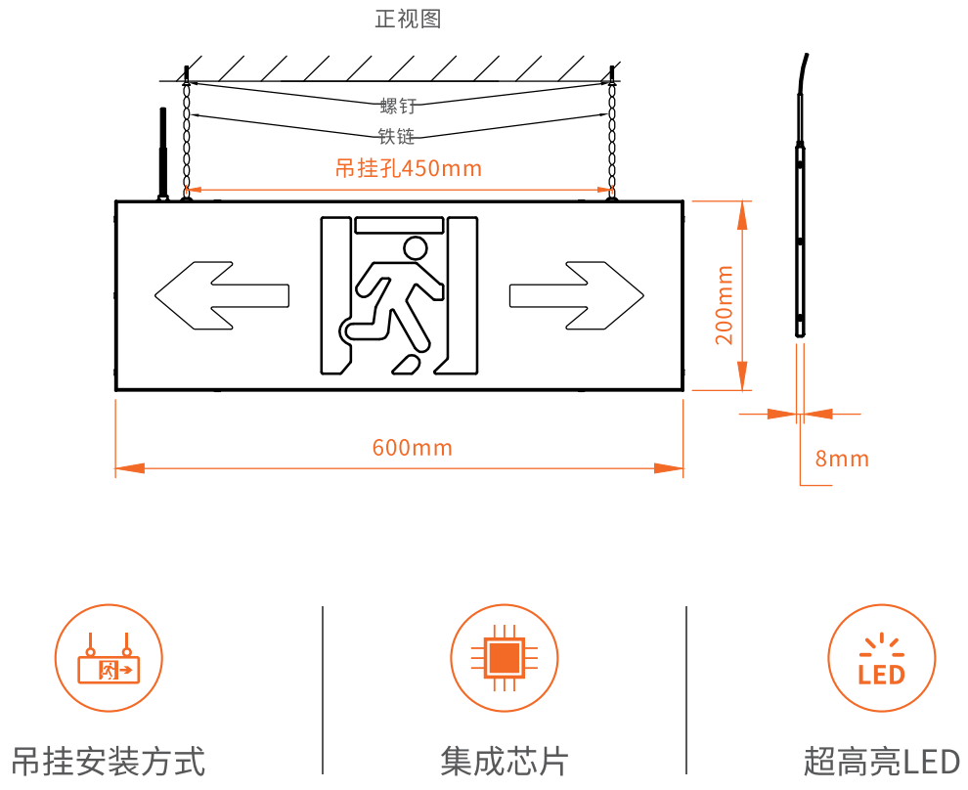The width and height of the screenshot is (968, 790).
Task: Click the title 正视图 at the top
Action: pyautogui.click(x=409, y=19)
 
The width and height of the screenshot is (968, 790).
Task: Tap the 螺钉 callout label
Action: pyautogui.click(x=398, y=106)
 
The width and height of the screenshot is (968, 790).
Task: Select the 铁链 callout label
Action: pyautogui.click(x=397, y=137)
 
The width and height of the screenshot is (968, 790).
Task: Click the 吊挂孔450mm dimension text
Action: pyautogui.click(x=409, y=168)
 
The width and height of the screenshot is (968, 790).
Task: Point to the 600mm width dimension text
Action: pyautogui.click(x=413, y=448)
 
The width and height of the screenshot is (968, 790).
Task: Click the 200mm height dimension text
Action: pyautogui.click(x=725, y=304)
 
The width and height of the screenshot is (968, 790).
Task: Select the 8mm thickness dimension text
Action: pyautogui.click(x=842, y=459)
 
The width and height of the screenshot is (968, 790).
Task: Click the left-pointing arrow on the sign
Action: pyautogui.click(x=222, y=293)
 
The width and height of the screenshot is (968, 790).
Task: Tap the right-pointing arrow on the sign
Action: pyautogui.click(x=577, y=293)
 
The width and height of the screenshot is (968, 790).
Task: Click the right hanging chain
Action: pyautogui.click(x=612, y=137)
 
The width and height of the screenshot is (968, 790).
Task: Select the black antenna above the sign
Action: pyautogui.click(x=162, y=152)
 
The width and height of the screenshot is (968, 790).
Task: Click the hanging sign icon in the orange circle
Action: pyautogui.click(x=108, y=658)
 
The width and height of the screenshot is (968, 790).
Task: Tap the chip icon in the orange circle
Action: pyautogui.click(x=504, y=658)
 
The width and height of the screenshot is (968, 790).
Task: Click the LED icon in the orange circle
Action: pyautogui.click(x=881, y=658)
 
